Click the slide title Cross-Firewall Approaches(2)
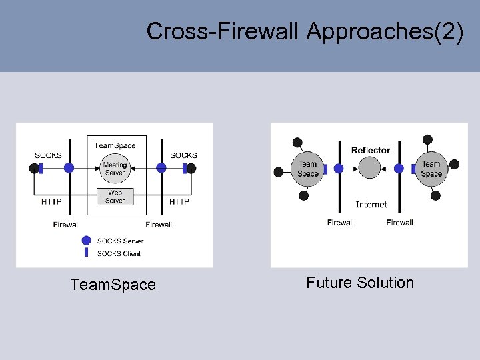305,31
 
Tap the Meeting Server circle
115,168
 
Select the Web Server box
115,197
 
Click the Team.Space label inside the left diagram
115,145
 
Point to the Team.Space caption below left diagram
113,285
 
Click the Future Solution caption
360,283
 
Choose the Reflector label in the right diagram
370,150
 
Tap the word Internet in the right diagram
371,204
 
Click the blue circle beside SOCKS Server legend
86,241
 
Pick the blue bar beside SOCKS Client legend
86,253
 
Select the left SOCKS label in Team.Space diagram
48,155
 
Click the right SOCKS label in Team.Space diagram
183,155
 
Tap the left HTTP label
51,201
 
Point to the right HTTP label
179,201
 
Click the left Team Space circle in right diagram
307,169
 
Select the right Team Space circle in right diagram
431,169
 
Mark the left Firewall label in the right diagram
341,223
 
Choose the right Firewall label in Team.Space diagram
159,225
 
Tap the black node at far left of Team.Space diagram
34,169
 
